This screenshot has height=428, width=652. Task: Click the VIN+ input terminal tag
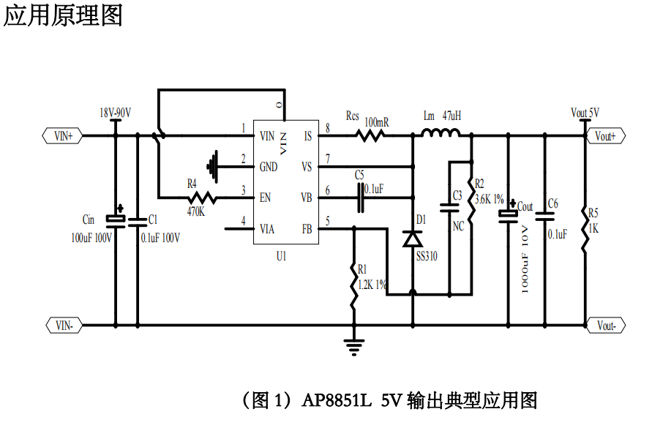64,135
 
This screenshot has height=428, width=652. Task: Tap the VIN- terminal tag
64,325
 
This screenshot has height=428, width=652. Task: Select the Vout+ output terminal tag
605,136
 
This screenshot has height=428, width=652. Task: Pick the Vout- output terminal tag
605,325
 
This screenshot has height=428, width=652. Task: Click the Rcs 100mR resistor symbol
371,135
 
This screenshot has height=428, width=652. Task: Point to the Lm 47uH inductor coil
441,133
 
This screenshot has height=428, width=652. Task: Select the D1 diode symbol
413,239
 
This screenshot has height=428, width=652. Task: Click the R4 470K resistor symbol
201,198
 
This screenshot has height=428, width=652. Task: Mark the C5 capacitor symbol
361,198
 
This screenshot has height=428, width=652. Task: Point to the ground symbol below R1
354,345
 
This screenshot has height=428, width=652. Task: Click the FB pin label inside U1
307,229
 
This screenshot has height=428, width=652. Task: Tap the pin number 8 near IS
327,129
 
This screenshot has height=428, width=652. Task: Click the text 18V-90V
115,113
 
